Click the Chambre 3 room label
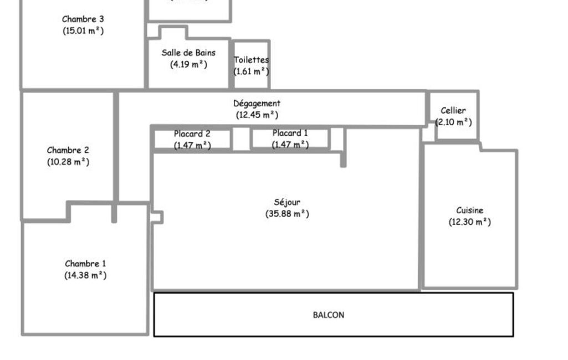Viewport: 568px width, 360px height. [x=83, y=19]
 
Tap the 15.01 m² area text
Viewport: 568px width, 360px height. [x=83, y=30]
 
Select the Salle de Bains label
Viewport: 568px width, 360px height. [x=188, y=53]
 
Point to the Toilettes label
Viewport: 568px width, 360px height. [x=252, y=60]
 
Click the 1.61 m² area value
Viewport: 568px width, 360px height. [x=252, y=71]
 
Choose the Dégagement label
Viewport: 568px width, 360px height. [x=257, y=104]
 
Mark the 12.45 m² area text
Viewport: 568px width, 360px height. [x=257, y=115]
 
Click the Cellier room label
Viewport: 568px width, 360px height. [x=453, y=110]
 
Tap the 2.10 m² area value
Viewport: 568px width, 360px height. [x=453, y=122]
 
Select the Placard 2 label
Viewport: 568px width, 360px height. [x=192, y=133]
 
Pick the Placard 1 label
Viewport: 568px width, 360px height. [x=290, y=133]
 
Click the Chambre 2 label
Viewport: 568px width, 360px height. [x=68, y=150]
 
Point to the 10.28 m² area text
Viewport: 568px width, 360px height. [x=68, y=162]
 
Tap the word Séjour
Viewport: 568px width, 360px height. [x=287, y=202]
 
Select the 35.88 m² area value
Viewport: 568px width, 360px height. [x=287, y=214]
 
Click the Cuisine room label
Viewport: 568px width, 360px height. [x=470, y=210]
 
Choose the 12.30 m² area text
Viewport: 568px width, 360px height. [x=470, y=222]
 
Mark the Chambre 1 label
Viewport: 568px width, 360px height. [x=85, y=264]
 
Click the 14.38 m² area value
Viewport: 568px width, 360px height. [x=85, y=275]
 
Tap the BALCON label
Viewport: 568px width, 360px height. [x=329, y=315]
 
